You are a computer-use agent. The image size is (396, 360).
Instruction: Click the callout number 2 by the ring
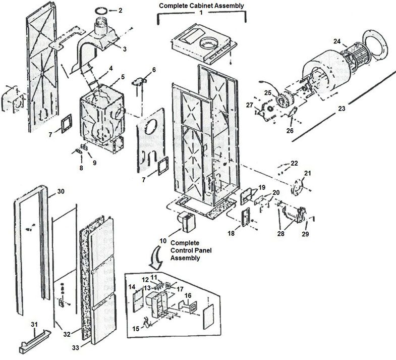[120, 10]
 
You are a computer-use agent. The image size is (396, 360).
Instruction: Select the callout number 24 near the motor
[336, 41]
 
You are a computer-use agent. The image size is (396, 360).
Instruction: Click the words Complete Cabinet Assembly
[201, 5]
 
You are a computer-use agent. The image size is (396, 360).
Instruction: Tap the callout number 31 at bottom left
[34, 324]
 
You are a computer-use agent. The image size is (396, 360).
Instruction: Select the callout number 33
[75, 347]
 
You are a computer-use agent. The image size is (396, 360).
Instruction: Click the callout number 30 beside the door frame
[61, 191]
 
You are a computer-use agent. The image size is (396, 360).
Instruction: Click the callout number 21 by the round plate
[307, 173]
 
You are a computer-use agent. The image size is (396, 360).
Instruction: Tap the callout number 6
[154, 69]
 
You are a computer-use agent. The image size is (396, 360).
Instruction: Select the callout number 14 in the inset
[132, 287]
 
